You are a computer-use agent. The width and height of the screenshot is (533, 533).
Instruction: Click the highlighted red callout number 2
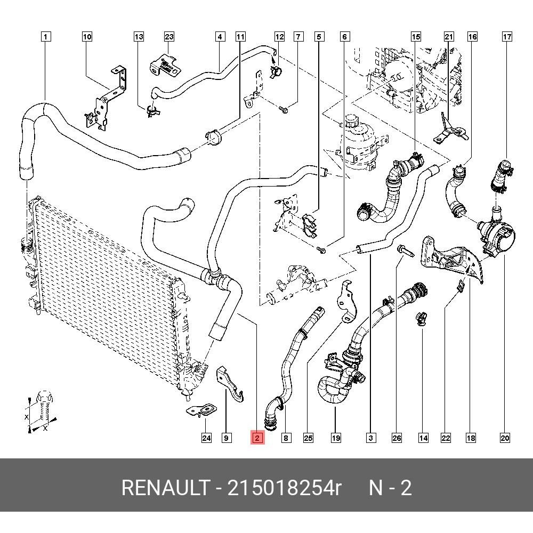pos(257,438)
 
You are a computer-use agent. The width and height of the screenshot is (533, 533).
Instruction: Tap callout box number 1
pos(46,37)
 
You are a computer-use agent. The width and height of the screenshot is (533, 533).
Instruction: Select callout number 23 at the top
pos(169,37)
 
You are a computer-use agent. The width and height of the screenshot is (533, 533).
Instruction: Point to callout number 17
pos(507,37)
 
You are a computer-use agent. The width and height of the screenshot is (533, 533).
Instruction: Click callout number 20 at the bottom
pos(505,438)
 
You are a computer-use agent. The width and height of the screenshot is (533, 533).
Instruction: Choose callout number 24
pos(206,438)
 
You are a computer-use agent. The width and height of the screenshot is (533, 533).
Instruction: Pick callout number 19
pos(335,438)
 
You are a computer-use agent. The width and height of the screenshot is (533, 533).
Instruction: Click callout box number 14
pos(423,438)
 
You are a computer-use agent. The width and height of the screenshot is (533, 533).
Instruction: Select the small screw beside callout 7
pos(283,110)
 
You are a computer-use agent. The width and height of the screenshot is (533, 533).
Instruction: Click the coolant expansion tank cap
pos(351,119)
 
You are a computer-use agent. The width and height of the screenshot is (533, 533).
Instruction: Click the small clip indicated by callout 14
pos(421,319)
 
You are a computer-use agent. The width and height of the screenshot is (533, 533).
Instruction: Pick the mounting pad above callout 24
pos(201,410)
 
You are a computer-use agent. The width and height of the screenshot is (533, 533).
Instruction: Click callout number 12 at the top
pos(279,37)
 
